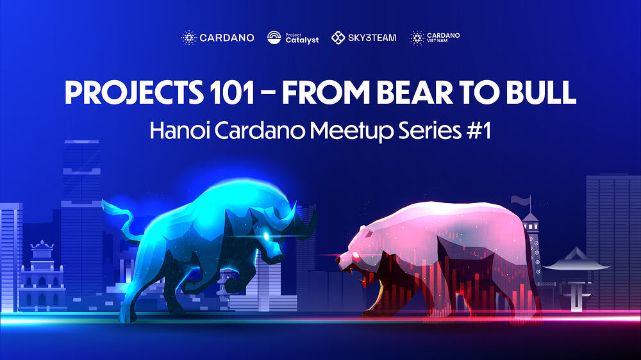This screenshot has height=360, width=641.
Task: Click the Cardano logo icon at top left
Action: [188, 38]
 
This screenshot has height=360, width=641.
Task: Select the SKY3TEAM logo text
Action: [372, 38]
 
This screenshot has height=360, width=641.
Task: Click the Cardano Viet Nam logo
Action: [435, 38]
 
